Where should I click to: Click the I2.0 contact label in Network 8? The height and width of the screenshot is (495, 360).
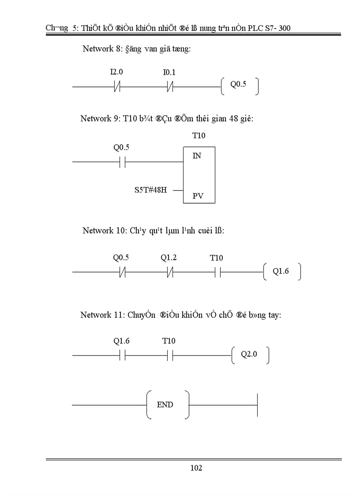point(116,72)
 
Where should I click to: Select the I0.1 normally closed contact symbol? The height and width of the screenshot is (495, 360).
point(170,87)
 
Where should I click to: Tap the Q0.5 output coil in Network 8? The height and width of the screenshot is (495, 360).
point(239,85)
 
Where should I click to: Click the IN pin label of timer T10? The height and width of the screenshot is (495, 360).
point(197,156)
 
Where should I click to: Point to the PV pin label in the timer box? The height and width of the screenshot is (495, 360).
point(198,196)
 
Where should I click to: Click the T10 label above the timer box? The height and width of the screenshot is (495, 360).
point(199,136)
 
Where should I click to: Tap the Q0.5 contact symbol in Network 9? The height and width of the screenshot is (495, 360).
point(122,162)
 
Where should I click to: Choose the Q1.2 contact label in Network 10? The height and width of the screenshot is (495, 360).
point(169,258)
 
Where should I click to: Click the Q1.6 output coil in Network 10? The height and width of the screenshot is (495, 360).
point(281,272)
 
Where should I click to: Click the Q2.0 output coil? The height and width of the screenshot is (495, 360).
point(249,354)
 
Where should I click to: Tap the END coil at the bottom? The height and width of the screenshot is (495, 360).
point(165,405)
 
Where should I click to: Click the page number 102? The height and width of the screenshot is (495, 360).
point(196,468)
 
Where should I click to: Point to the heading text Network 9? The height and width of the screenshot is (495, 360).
point(99,119)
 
